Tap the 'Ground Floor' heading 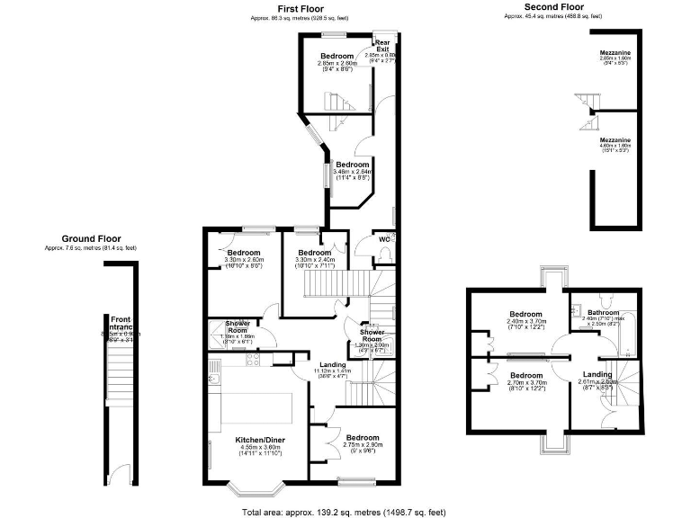91,238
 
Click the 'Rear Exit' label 383,46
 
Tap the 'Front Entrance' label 121,324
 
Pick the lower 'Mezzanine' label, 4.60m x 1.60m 615,140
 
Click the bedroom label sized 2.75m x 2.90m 363,437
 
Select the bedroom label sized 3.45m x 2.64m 352,165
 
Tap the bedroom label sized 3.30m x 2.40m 314,253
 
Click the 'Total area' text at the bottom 345,512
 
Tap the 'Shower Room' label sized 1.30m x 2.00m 372,334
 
